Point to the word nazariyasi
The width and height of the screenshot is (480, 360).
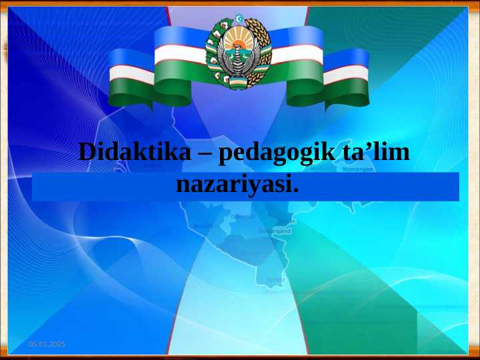click(234, 184)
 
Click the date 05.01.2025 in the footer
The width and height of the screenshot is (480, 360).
click(47, 343)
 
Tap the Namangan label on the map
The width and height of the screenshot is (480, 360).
click(358, 169)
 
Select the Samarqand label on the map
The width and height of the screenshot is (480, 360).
click(275, 231)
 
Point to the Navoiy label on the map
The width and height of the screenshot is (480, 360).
click(243, 217)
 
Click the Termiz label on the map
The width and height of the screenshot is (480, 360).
click(275, 279)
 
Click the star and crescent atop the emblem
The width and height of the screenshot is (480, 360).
click(239, 18)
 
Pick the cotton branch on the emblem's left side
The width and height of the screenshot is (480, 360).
click(215, 50)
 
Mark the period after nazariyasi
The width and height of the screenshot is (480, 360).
click(295, 191)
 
